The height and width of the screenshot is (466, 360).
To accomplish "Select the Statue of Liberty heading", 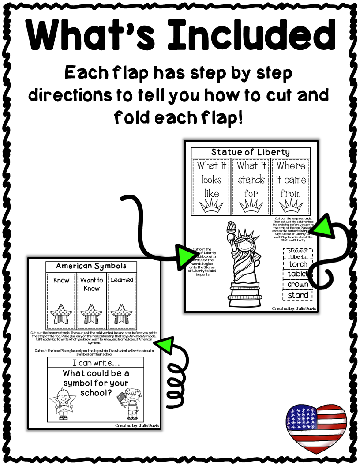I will pyautogui.click(x=250, y=152).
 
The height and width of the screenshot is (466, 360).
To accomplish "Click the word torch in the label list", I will pyautogui.click(x=298, y=264).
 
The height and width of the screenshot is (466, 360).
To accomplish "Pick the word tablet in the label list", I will pyautogui.click(x=298, y=274).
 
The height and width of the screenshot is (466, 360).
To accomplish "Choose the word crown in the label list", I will pyautogui.click(x=298, y=285).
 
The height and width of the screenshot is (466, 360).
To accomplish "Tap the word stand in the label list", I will pyautogui.click(x=298, y=295).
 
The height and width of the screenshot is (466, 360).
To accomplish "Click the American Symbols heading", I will pyautogui.click(x=91, y=266).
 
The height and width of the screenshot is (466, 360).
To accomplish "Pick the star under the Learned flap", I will pyautogui.click(x=121, y=312).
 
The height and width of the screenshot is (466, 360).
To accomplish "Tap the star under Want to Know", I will pyautogui.click(x=91, y=312).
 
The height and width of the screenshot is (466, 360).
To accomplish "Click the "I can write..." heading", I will pyautogui.click(x=95, y=364).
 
